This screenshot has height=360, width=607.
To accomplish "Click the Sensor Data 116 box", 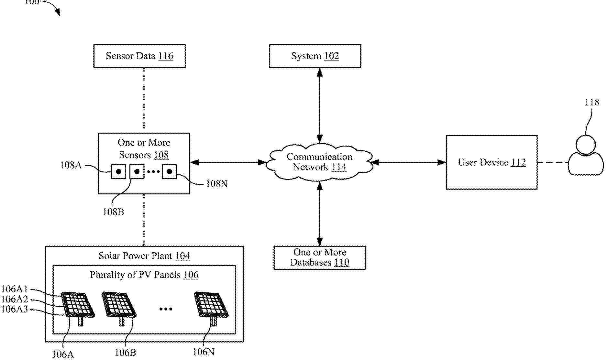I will pos(139,56).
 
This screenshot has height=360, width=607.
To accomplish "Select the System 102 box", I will pos(315,56).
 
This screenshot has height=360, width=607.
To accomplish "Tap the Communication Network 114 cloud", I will pos(319,162).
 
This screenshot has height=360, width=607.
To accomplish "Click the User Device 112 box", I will pos(491,162).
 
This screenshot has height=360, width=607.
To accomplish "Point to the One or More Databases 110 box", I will pos(319,257).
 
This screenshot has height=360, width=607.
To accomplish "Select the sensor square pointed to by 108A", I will pos(119,171).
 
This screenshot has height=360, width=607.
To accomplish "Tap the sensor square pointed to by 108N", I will pos(169,171).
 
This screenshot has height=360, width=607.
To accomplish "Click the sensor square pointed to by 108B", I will pos(137,171).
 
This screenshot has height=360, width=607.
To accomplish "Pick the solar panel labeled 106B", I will pos(119,305).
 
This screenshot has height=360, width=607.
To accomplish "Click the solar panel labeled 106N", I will pos(211,305).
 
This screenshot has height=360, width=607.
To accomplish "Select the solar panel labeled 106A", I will pos(78,305).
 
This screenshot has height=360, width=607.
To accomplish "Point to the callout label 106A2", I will pos(15,299).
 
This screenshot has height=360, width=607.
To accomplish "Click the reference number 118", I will pos(592,103).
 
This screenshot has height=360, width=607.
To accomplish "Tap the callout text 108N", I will pos(217,184).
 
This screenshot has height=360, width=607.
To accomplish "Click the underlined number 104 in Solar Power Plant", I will pos(182,256).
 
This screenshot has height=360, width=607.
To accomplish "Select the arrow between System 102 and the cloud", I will pos(320,105).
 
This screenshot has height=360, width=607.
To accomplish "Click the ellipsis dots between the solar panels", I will pos(166,309).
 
